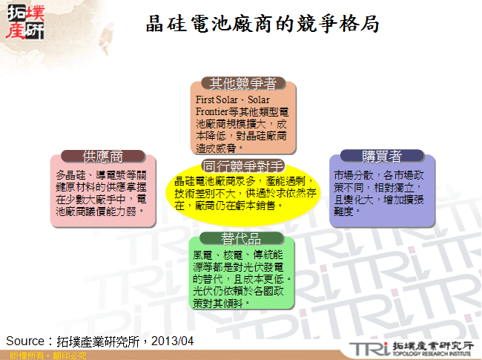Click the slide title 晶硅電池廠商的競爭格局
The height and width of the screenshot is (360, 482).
(x=263, y=24)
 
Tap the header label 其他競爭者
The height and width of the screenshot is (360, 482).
(x=243, y=82)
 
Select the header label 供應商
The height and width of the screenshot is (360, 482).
(x=103, y=156)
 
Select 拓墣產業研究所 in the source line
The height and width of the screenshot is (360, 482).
(x=97, y=341)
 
